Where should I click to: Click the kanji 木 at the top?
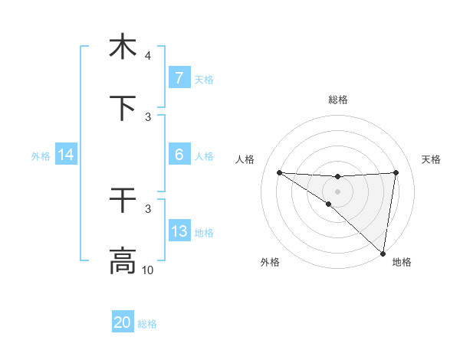coord(123,47)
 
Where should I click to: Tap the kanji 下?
coord(123,108)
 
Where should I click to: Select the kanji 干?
coord(123,201)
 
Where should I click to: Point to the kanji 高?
coord(123,261)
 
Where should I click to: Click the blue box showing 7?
coord(179,77)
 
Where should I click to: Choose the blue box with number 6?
coord(179,154)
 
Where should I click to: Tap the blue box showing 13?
coord(179,231)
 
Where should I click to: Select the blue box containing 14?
coord(66,155)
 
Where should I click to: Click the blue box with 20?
coord(123,322)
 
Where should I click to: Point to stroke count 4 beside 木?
coord(148,56)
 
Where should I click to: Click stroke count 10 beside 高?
coord(148,270)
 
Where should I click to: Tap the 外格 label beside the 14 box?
coord(41,155)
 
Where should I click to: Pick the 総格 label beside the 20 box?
coord(147,324)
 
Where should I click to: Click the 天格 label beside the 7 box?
coord(204,79)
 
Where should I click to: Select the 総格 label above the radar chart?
coord(338,100)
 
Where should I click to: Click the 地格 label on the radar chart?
coord(402,262)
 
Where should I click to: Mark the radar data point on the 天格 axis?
coord(396,172)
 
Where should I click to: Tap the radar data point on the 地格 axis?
coord(383,254)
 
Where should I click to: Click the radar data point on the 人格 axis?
coord(279,172)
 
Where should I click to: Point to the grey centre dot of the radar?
coord(337,191)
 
